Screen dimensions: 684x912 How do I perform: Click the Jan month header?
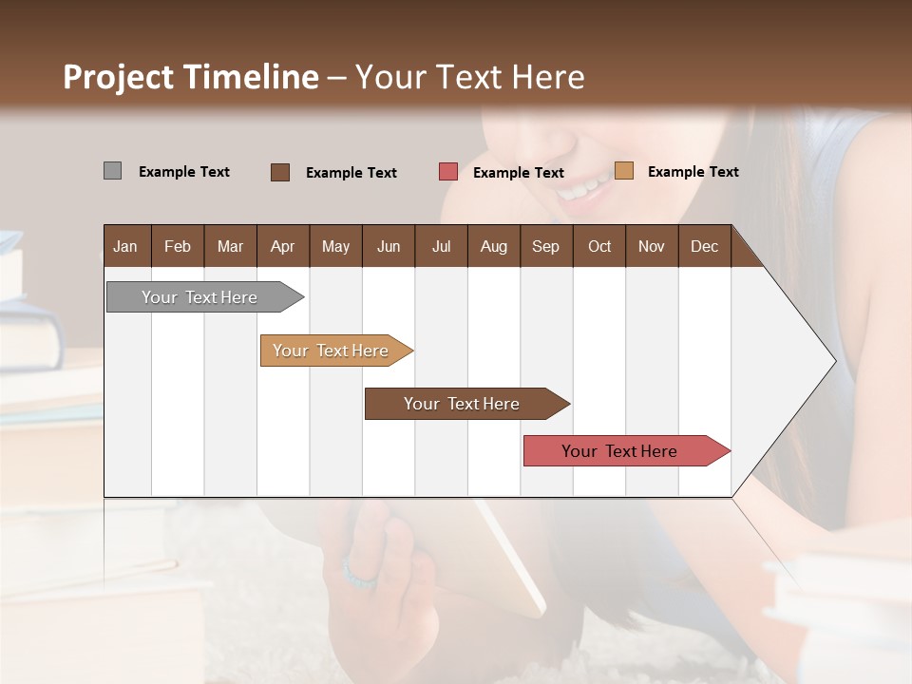pyautogui.click(x=125, y=246)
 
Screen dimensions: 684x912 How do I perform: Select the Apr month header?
pyautogui.click(x=282, y=246)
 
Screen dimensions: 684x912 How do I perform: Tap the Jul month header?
pyautogui.click(x=441, y=246)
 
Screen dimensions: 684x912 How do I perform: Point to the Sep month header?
pyautogui.click(x=545, y=246)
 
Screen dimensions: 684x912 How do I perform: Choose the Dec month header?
pyautogui.click(x=704, y=246)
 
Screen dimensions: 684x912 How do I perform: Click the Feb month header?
pyautogui.click(x=178, y=246)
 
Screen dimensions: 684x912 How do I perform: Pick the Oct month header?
pyautogui.click(x=599, y=246)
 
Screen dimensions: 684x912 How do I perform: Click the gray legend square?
pyautogui.click(x=112, y=171)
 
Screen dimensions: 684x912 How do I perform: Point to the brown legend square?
pyautogui.click(x=279, y=172)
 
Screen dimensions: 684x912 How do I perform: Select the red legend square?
pyautogui.click(x=447, y=172)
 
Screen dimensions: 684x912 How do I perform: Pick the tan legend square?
pyautogui.click(x=623, y=171)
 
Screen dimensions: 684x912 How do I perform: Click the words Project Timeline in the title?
pyautogui.click(x=190, y=77)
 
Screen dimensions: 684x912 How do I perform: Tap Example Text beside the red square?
pyautogui.click(x=518, y=173)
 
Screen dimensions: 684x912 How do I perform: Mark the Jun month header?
pyautogui.click(x=389, y=246)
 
